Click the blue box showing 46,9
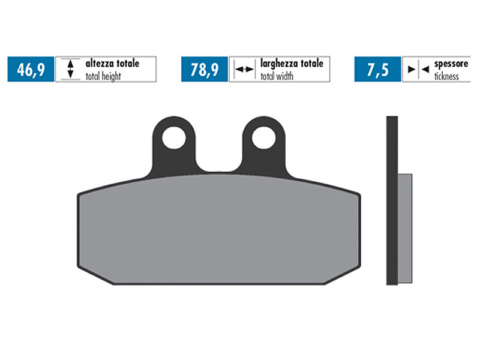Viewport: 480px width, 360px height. (31, 70)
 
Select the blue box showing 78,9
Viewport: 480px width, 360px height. (204, 70)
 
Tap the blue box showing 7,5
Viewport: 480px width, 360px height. (377, 70)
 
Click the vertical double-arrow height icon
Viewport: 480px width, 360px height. (70, 70)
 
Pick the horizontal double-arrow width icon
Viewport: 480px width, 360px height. (243, 70)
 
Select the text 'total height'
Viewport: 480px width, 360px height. (103, 76)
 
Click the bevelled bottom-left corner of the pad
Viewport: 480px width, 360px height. (96, 275)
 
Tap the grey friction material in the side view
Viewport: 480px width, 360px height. (405, 228)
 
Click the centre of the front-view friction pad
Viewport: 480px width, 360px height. (219, 231)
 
